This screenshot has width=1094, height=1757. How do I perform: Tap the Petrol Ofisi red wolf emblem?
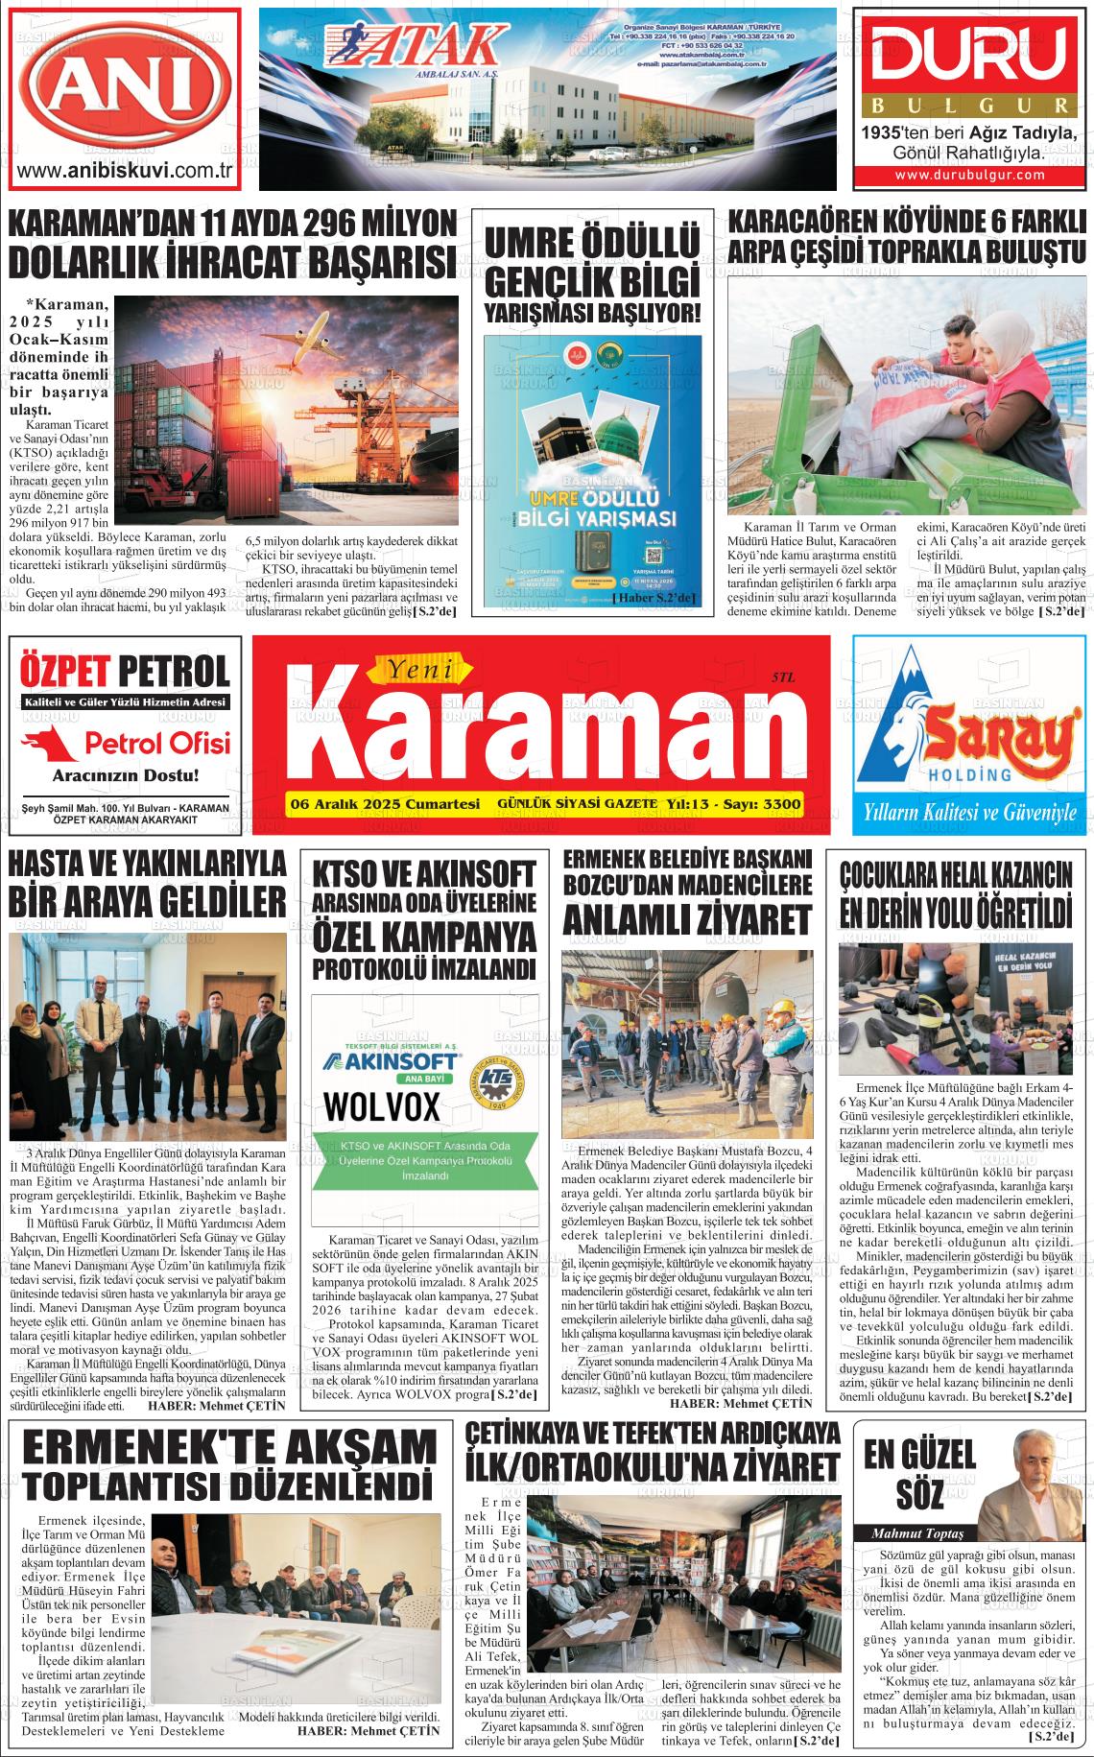point(54,742)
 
